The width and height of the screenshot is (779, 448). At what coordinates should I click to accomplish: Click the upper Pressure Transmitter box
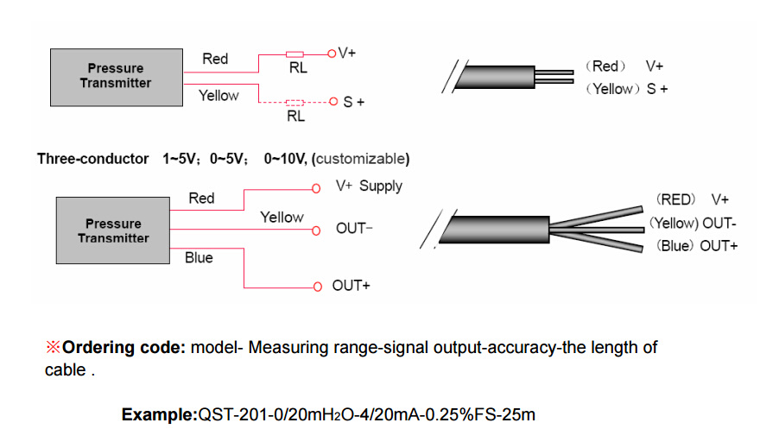point(117,78)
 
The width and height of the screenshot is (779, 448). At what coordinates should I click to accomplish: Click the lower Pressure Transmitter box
point(113,230)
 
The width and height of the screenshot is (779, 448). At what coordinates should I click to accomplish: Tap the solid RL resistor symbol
point(294,54)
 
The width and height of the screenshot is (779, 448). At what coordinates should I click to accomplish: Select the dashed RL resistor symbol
point(294,103)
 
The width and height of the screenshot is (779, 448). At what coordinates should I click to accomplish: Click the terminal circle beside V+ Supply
point(316,189)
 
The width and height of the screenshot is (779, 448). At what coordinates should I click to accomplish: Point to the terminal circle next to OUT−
point(316,230)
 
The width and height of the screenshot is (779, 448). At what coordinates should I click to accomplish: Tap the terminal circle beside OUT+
point(318,287)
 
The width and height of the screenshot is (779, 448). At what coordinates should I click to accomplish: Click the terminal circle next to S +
point(333,102)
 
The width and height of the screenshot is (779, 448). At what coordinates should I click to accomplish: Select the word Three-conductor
point(93,159)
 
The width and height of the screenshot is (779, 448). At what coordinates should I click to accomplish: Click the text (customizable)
point(361,159)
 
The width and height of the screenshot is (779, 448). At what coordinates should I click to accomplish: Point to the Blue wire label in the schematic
point(199,258)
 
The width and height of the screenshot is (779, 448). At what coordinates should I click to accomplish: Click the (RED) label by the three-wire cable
point(675,199)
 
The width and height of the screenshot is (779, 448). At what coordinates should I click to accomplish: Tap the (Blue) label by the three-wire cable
point(674,246)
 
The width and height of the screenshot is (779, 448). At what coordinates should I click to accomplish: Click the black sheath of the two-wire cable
point(495,77)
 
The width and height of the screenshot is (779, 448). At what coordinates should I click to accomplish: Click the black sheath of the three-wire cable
point(495,230)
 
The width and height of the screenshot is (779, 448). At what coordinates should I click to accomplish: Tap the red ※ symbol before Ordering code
point(53,347)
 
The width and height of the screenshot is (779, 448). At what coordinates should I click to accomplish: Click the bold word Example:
point(160,414)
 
